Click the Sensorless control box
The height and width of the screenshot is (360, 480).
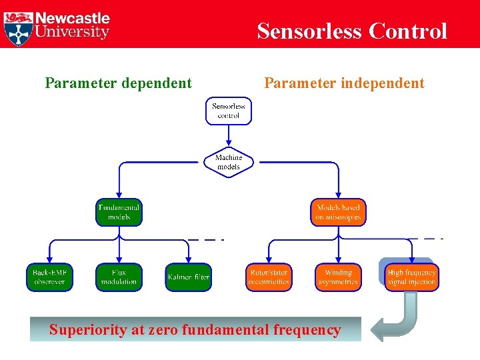pos(229,111)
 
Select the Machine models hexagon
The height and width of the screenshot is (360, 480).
pos(229,162)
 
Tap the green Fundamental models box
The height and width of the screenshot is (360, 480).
pos(119,212)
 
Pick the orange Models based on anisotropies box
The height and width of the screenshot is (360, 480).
pos(338,212)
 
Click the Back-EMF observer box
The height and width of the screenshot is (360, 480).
pos(49,277)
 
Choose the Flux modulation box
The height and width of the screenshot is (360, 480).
pos(119,277)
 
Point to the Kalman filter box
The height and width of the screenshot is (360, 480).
pos(189,277)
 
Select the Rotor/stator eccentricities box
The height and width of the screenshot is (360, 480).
pos(269,277)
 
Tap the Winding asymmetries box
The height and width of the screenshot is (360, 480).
pos(338,277)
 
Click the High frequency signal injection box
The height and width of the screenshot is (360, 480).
pos(411,277)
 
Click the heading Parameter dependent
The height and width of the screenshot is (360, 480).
pos(118,83)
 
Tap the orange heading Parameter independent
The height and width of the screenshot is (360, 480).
pos(344,83)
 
